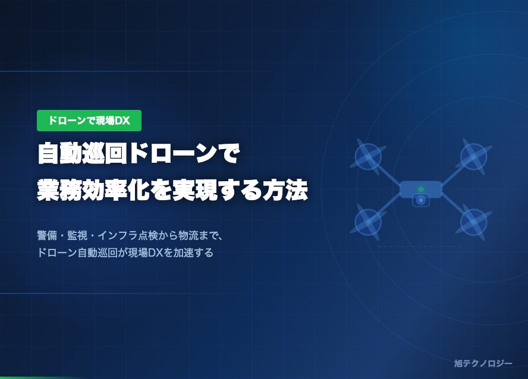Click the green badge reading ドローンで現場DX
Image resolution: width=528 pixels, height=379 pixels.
click(89, 121)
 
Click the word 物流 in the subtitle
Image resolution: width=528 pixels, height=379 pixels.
click(189, 235)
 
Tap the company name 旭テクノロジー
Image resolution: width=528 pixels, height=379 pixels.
click(482, 363)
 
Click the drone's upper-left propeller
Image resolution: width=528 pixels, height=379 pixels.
click(368, 156)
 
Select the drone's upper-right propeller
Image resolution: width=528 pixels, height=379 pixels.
click(474, 156)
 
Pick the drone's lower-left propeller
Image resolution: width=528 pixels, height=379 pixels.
click(368, 222)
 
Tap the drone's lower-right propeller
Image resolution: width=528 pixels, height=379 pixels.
click(474, 222)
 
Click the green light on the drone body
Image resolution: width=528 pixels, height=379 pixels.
click(421, 190)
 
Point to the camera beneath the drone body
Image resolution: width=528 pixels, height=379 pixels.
click(421, 201)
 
